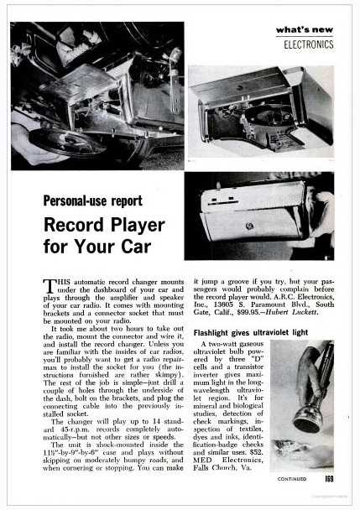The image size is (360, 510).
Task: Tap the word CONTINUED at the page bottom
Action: pos(293,481)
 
